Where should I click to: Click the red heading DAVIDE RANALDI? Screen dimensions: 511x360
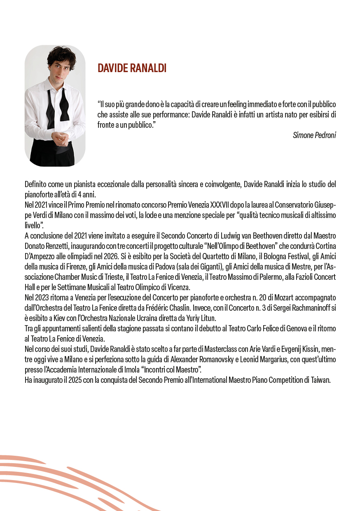click(132, 68)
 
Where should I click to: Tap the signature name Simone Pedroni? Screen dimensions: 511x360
click(314, 135)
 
